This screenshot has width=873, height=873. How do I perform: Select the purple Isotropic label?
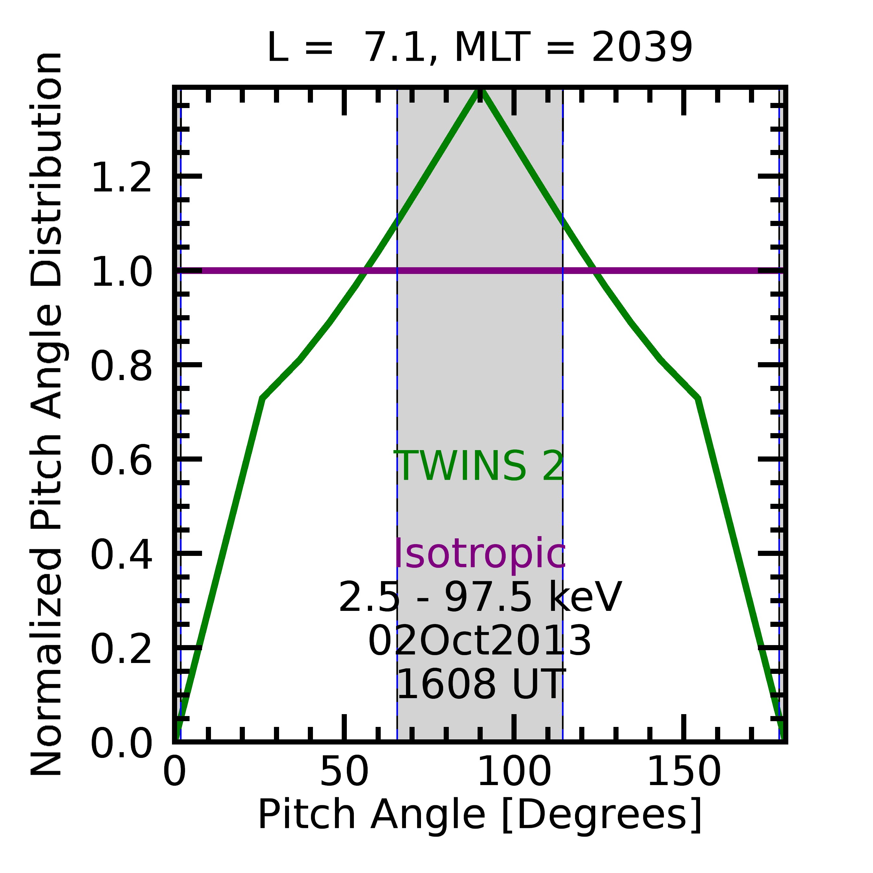coord(480,554)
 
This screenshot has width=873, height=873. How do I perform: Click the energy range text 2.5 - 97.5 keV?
coord(480,598)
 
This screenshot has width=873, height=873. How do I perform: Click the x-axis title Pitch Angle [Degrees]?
coord(480,815)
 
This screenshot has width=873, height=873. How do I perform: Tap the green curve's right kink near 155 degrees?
coord(698,399)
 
